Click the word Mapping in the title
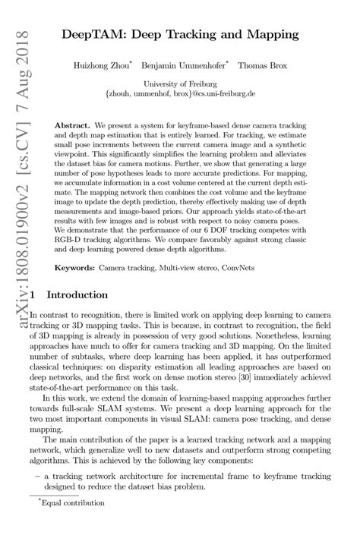click(x=268, y=35)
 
